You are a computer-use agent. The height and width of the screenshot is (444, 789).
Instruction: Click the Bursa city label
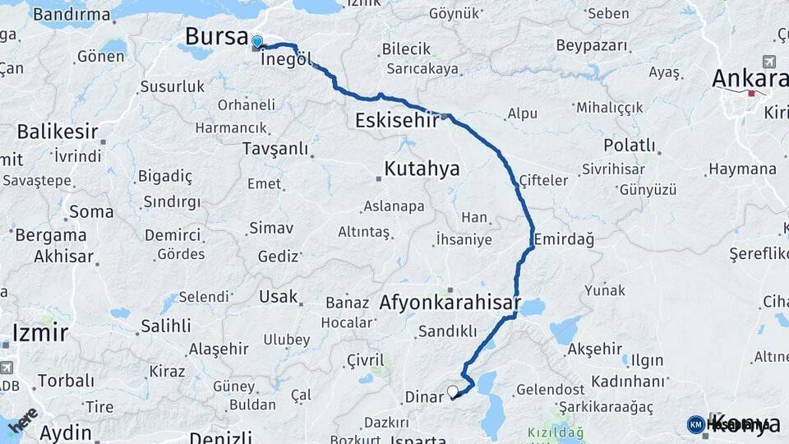pos(216,37)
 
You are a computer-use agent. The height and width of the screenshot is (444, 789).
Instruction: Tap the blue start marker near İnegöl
pos(257,42)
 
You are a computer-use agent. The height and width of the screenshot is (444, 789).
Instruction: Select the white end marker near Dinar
pos(452,391)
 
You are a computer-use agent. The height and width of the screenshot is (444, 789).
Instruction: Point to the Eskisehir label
pos(398,121)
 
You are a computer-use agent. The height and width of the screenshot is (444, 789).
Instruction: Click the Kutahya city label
pos(422,170)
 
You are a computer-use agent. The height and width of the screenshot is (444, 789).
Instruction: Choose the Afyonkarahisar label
pos(450,303)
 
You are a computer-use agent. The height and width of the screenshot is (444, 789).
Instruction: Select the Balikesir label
pos(58,132)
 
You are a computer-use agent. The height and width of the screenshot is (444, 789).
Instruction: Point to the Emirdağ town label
pos(563,239)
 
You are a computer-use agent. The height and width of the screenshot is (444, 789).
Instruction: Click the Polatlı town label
pos(630,146)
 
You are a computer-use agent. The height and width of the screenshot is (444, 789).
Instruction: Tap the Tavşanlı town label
pos(275,149)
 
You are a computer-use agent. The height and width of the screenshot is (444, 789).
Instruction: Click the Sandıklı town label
pos(447,331)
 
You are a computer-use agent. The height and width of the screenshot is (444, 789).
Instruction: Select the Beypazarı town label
pos(591,45)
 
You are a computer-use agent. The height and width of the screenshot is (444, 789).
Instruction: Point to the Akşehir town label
pos(594,349)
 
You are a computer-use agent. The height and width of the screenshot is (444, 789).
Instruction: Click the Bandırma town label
pos(72,15)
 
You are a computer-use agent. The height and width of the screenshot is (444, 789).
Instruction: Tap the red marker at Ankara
pos(750,94)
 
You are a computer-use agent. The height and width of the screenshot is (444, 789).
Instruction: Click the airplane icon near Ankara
pos(768,62)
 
